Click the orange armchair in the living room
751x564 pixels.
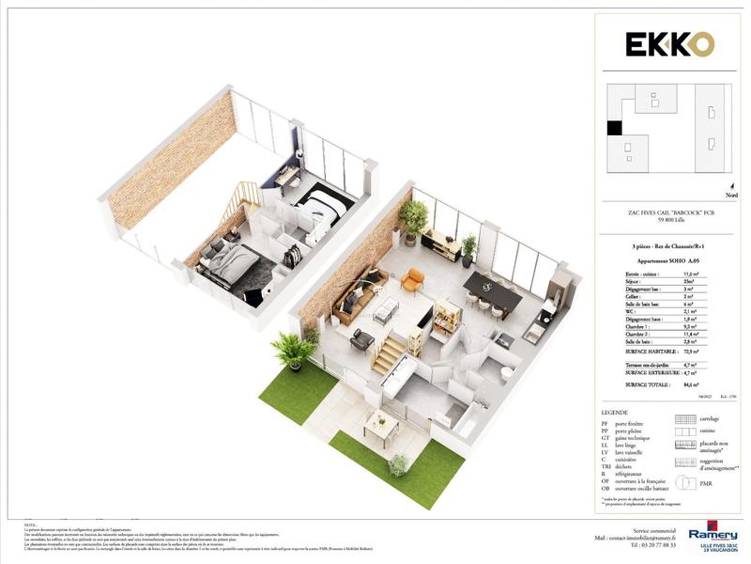(412, 280)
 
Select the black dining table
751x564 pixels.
(492, 290)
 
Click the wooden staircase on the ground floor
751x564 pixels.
(389, 355)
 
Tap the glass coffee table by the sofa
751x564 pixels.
(387, 308)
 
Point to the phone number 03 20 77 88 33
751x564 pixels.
(654, 544)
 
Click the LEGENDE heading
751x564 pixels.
(616, 413)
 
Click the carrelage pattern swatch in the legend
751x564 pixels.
(685, 421)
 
